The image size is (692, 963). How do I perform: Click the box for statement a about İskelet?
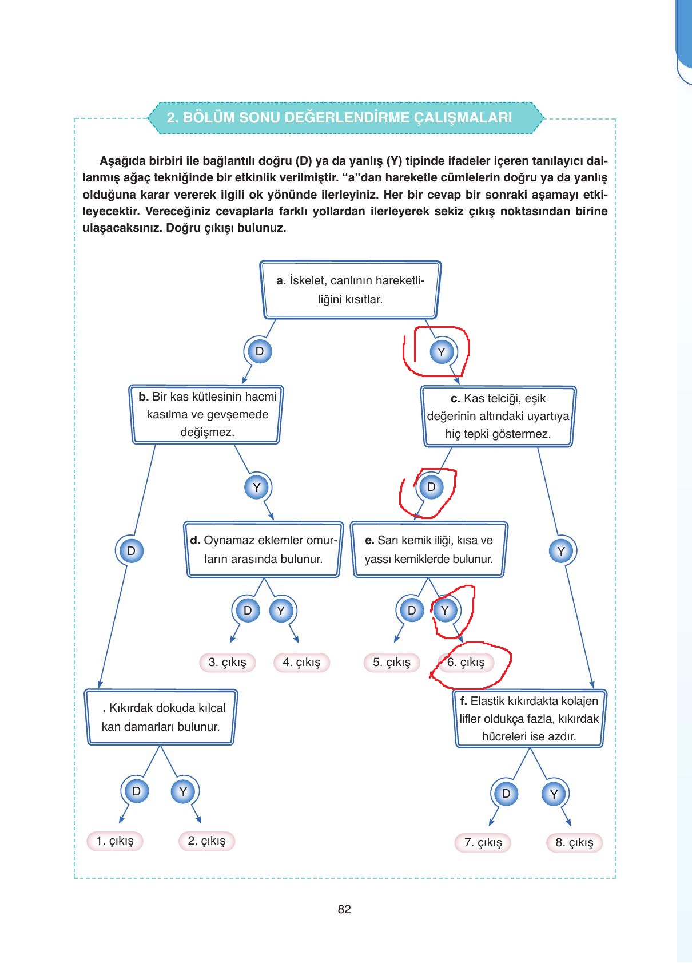click(x=351, y=290)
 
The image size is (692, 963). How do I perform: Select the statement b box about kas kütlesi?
click(x=206, y=414)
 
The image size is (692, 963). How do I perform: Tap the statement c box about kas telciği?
click(x=498, y=417)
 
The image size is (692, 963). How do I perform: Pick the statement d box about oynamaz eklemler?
click(x=264, y=549)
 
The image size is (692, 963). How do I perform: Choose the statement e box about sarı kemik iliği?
click(x=429, y=549)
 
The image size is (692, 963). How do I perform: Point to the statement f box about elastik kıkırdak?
click(x=529, y=718)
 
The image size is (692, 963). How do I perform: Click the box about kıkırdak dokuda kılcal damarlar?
click(x=161, y=717)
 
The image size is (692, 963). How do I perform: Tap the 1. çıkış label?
click(x=115, y=841)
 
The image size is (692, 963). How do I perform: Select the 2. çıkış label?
click(x=206, y=841)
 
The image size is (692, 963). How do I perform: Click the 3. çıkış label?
click(x=228, y=662)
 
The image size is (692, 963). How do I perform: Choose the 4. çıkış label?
click(x=302, y=662)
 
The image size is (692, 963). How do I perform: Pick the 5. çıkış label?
click(x=392, y=662)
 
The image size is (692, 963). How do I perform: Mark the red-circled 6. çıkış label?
click(x=466, y=662)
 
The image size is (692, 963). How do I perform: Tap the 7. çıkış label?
click(x=483, y=843)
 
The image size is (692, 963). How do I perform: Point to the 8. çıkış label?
click(x=575, y=843)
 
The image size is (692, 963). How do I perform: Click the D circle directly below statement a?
click(x=260, y=351)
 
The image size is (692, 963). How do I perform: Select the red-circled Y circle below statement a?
click(x=442, y=352)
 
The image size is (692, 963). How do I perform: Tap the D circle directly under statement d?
click(x=248, y=611)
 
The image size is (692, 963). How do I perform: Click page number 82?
click(x=344, y=909)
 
